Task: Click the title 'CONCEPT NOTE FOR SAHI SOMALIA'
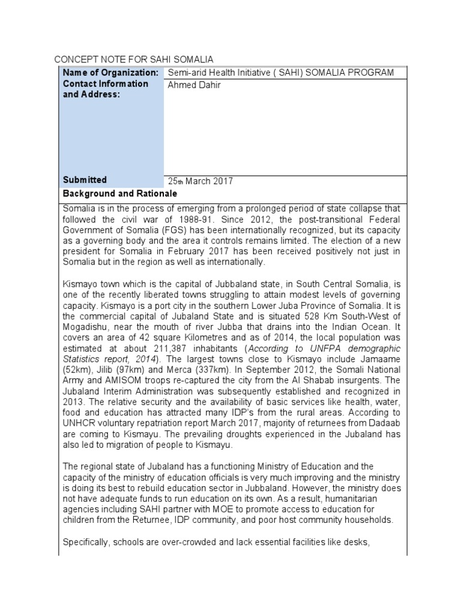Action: pos(133,59)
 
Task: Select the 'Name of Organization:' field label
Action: pos(110,73)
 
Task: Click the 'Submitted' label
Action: pos(85,180)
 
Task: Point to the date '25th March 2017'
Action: pos(200,181)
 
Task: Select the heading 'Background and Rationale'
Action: pos(119,194)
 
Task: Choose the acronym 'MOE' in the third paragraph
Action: pos(198,509)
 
